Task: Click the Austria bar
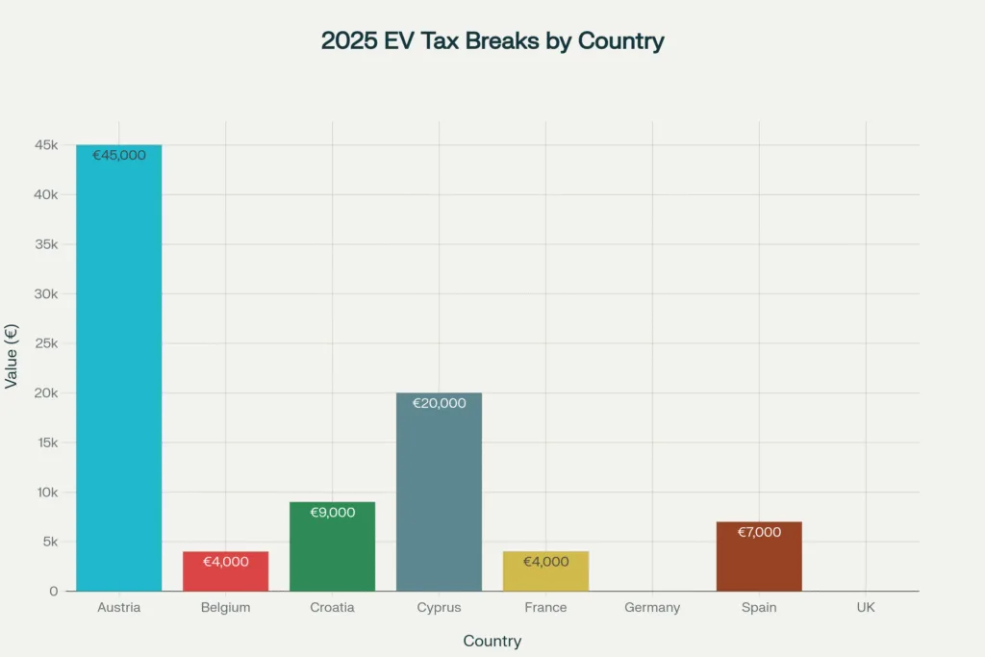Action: coord(119,375)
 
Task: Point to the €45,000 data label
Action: coord(119,155)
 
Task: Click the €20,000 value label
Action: coord(440,403)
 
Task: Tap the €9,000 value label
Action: coord(333,513)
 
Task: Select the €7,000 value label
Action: coord(759,532)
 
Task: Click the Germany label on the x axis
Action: coord(652,608)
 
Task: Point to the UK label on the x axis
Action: coord(866,608)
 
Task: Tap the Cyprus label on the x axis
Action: coord(440,608)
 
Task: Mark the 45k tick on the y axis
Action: coord(46,145)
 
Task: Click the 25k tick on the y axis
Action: coord(46,343)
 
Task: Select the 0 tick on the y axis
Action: coord(54,591)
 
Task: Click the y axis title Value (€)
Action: coord(12,356)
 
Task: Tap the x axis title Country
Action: coord(492,641)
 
